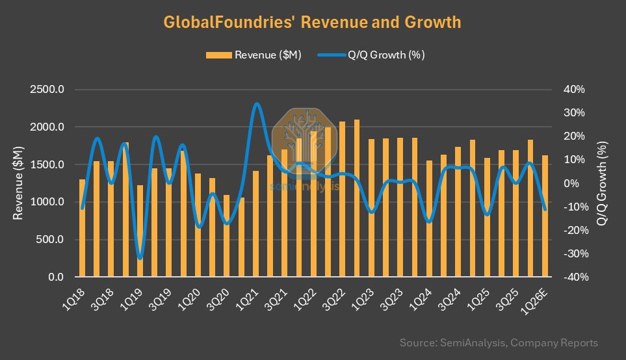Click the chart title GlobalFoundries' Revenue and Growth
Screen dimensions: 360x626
pyautogui.click(x=312, y=22)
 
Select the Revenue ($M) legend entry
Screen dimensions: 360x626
pyautogui.click(x=254, y=55)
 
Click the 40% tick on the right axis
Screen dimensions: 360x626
pyautogui.click(x=575, y=90)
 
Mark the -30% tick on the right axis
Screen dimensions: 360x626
pyautogui.click(x=574, y=254)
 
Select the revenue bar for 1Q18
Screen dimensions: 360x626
pyautogui.click(x=83, y=228)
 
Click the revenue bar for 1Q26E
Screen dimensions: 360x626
pyautogui.click(x=545, y=216)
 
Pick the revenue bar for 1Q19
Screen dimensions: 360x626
pyautogui.click(x=140, y=231)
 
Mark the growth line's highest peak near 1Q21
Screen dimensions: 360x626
pyautogui.click(x=257, y=104)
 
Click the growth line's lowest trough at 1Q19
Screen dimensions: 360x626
pyautogui.click(x=140, y=258)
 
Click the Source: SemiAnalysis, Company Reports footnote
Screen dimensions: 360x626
pyautogui.click(x=499, y=342)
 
